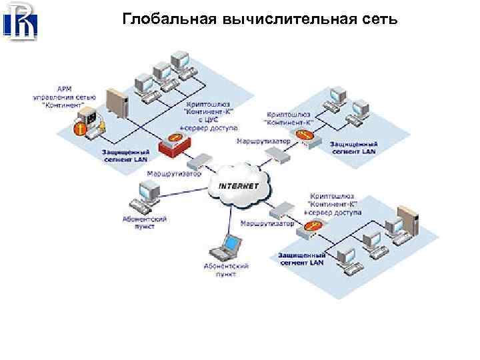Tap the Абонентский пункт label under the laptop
pos(226,269)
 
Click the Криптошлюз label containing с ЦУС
pos(206,115)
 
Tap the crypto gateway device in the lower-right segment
pos(311,229)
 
